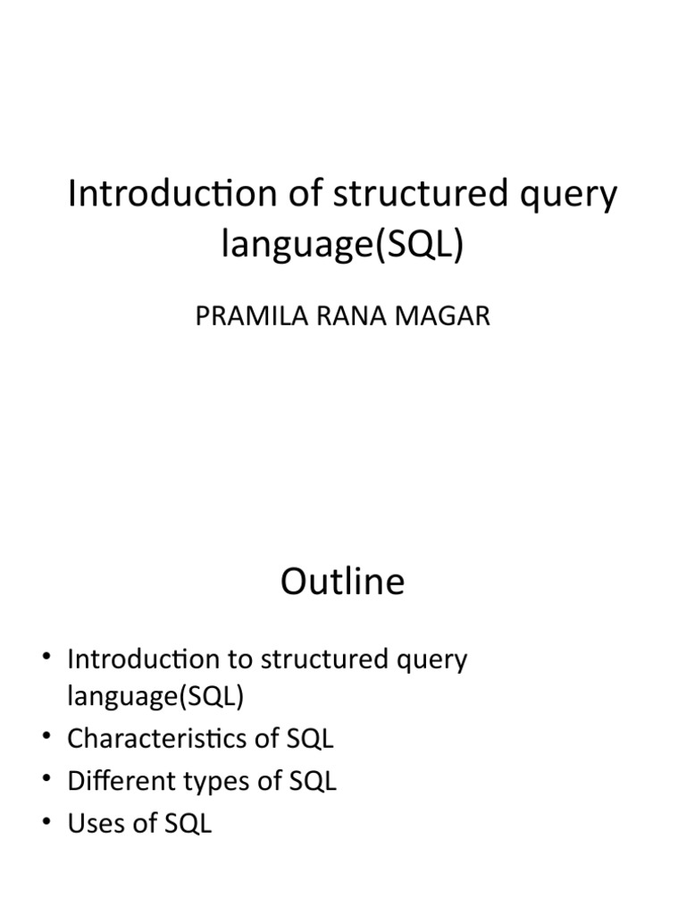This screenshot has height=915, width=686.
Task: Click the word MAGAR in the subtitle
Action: [442, 317]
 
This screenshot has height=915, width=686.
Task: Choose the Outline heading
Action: [342, 583]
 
